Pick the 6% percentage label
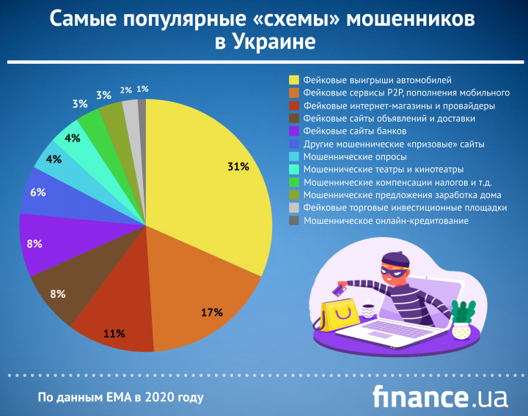click(38, 192)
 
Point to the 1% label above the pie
click(142, 89)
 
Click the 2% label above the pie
click(126, 90)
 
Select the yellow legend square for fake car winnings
click(294, 79)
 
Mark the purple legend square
click(294, 131)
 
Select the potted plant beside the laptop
click(462, 320)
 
